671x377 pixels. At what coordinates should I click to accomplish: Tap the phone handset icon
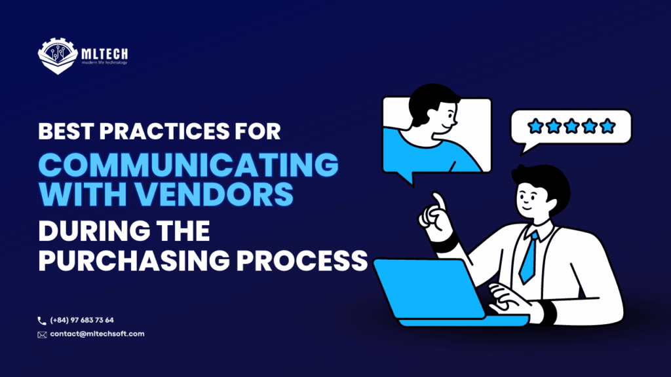click(x=42, y=320)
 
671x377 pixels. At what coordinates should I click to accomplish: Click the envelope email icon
click(x=42, y=334)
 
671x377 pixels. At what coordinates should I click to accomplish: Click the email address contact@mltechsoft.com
click(x=97, y=334)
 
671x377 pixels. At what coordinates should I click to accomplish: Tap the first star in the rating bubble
click(x=535, y=125)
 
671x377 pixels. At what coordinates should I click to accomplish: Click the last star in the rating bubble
click(x=607, y=125)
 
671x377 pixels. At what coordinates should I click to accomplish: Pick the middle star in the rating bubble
click(x=571, y=125)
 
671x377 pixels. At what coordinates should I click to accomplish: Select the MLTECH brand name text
click(x=105, y=52)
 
